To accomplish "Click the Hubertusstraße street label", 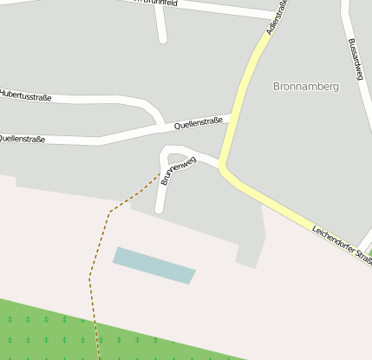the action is click(x=26, y=96).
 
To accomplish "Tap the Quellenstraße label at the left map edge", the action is click(x=22, y=137).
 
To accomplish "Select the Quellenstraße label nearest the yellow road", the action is click(x=199, y=123).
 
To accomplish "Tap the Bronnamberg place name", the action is click(x=304, y=87).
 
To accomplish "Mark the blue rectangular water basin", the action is click(x=154, y=265).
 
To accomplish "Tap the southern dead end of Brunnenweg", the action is click(x=160, y=210).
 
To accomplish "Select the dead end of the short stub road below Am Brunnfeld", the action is click(x=162, y=39).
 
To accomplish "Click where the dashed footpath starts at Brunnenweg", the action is click(x=162, y=172).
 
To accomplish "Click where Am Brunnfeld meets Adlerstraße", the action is click(x=271, y=16).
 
